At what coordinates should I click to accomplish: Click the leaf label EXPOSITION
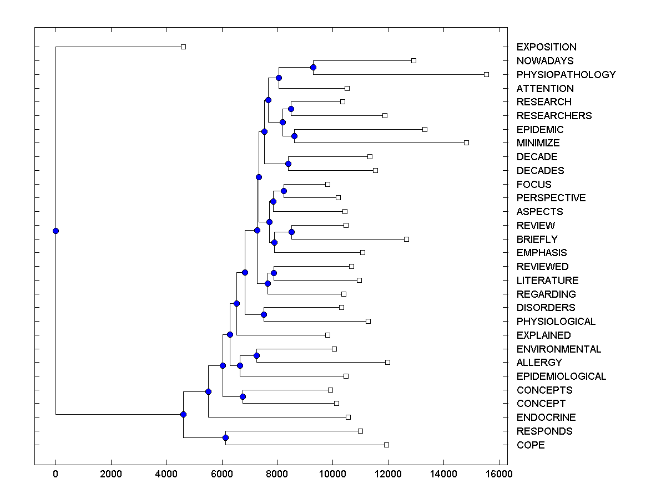(546, 47)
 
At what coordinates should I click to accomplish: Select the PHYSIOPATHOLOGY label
(566, 75)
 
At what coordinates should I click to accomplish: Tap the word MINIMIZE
(541, 143)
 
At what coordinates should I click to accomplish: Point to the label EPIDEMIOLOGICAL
(561, 376)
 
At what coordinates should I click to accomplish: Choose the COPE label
(531, 445)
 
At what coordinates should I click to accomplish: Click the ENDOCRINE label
(546, 417)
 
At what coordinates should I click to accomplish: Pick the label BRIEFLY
(537, 240)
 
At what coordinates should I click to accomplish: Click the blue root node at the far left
(56, 231)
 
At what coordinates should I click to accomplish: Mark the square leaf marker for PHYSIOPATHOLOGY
(486, 74)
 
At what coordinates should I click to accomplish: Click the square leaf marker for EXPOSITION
(184, 47)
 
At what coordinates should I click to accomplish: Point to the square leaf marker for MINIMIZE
(466, 143)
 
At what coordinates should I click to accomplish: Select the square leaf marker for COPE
(386, 445)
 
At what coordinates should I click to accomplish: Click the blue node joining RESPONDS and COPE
(225, 438)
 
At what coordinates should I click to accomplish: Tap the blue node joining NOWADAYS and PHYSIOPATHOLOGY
(313, 67)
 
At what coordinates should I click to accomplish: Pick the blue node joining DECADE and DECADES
(288, 164)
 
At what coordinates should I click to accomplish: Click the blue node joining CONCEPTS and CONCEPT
(243, 396)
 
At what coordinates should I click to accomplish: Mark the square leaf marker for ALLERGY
(387, 362)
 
